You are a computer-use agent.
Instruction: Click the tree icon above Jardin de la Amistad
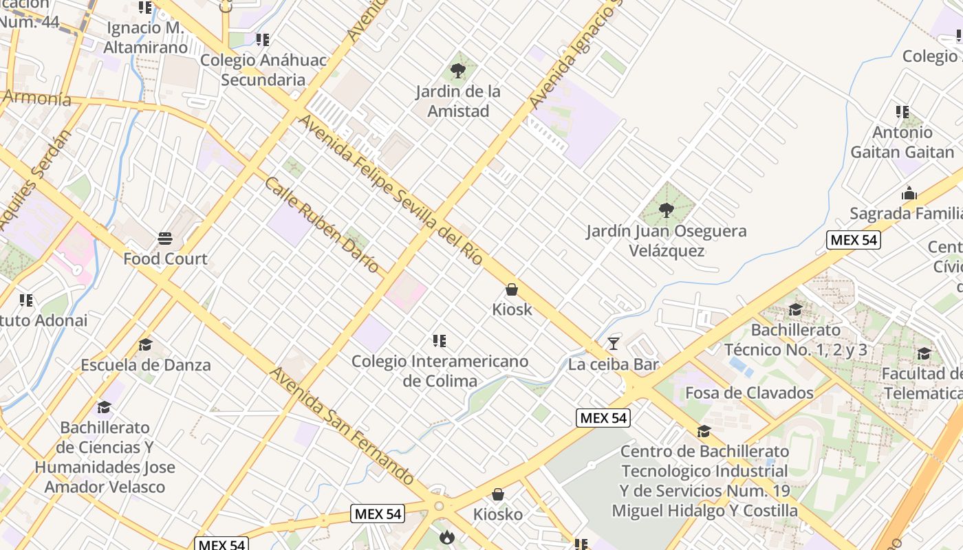pos(457,69)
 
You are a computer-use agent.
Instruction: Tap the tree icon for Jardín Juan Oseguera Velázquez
pos(666,210)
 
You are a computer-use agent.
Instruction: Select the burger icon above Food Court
pos(165,239)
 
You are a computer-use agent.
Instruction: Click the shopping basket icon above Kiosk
pos(511,289)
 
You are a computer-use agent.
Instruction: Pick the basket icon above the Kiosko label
pos(497,494)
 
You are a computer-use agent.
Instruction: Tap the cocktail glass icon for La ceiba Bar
pos(614,343)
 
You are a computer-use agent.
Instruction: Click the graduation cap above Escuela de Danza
pos(145,344)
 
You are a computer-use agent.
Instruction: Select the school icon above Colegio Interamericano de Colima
pos(440,340)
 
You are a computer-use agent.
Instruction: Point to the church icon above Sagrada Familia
pos(909,193)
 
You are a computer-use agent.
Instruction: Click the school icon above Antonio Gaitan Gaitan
pos(902,111)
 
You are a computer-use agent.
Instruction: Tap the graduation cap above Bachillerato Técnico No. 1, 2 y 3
pos(795,310)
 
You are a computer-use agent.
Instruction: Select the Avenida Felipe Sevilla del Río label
pos(391,191)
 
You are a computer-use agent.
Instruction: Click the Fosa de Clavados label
pos(749,393)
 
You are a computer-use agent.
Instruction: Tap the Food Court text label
pos(165,259)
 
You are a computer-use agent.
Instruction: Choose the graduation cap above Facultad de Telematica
pos(924,353)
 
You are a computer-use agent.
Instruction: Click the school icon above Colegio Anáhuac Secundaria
pos(262,40)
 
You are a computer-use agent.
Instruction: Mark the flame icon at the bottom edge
pos(446,537)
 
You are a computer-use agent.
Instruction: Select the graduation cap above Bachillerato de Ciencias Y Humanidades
pos(104,407)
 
